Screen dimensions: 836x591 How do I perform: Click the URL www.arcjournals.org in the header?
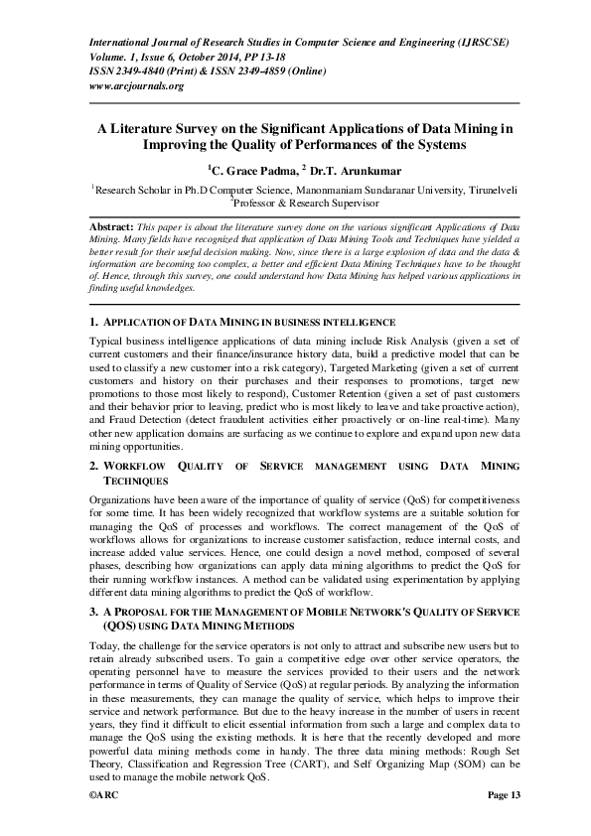pos(136,86)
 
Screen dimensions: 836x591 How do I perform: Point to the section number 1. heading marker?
pos(93,324)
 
